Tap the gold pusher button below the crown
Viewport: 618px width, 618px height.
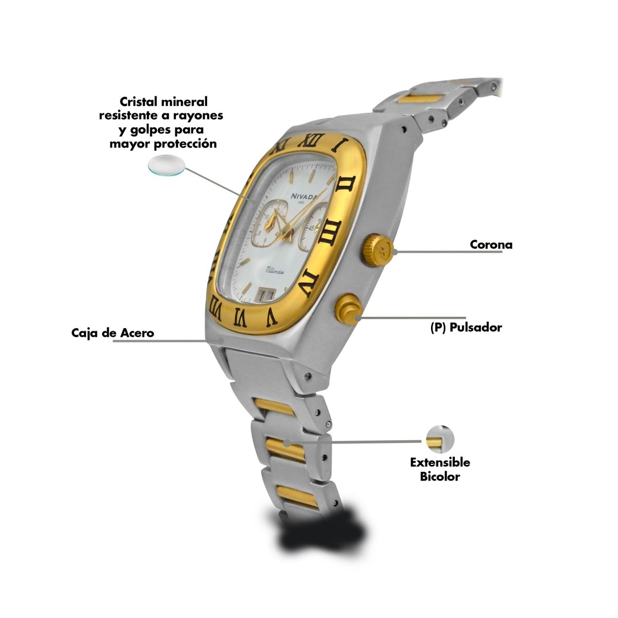click(x=349, y=310)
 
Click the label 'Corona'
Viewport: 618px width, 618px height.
click(x=491, y=245)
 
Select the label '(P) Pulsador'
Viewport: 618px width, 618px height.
click(x=466, y=328)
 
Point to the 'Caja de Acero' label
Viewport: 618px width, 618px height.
click(x=113, y=333)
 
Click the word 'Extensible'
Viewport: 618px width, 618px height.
click(x=440, y=462)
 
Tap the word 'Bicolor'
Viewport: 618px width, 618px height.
click(x=440, y=476)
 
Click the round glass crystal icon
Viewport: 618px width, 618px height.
click(x=167, y=165)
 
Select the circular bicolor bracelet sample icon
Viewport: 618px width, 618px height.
click(x=440, y=440)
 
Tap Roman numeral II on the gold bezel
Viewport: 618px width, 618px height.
click(x=346, y=186)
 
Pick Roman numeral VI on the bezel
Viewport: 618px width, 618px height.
click(x=241, y=317)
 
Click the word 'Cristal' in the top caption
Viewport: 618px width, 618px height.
click(x=139, y=102)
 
